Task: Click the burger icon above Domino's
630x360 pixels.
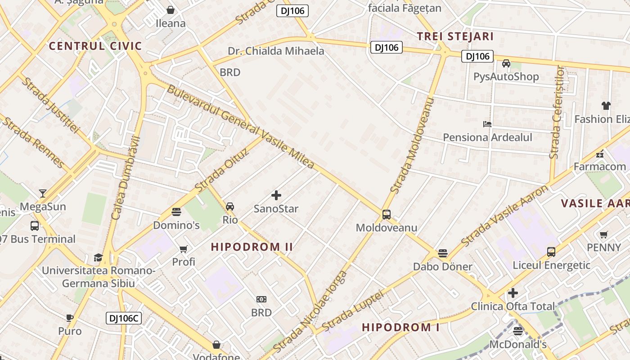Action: click(x=176, y=211)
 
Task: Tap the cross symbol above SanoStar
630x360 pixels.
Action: click(x=276, y=195)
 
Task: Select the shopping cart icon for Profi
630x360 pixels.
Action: click(x=183, y=249)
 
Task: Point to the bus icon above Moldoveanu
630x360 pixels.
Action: click(x=386, y=215)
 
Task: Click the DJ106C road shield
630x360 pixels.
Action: click(x=124, y=318)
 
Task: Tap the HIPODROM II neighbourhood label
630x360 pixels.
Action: click(x=252, y=247)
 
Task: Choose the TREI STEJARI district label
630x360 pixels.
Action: click(x=455, y=36)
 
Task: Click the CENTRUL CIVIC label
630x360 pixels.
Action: click(x=95, y=46)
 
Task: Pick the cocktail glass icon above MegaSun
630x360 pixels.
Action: click(x=43, y=193)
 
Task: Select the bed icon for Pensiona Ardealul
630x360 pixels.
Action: click(x=487, y=124)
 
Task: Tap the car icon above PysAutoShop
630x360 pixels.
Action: click(x=506, y=63)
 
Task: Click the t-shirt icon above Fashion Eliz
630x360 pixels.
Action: click(x=606, y=106)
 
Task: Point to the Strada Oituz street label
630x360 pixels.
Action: click(x=222, y=170)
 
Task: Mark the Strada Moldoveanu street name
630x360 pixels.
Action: click(x=412, y=146)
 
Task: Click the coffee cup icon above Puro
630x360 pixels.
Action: click(x=70, y=318)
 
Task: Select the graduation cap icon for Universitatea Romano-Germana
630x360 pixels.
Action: click(x=98, y=257)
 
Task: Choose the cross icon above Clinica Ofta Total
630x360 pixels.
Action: click(x=513, y=293)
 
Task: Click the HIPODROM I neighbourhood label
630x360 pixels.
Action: click(x=400, y=327)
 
